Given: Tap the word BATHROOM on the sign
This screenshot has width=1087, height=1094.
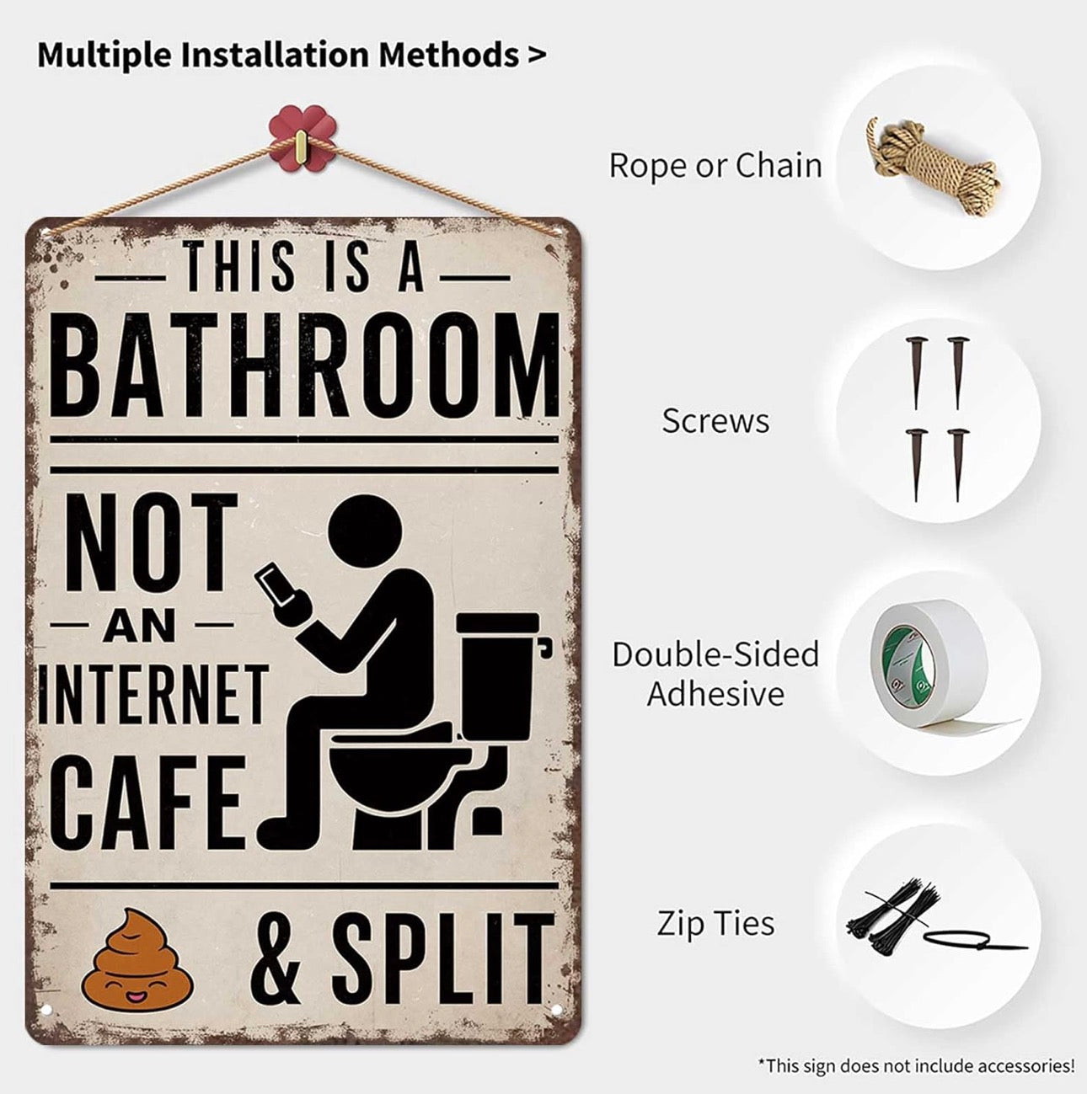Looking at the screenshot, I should [x=310, y=366].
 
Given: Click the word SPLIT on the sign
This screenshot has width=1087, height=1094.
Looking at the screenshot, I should [x=442, y=956].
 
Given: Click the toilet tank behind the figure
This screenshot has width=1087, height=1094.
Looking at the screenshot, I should [x=497, y=674].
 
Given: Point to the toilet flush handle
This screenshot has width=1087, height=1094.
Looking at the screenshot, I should [x=545, y=647].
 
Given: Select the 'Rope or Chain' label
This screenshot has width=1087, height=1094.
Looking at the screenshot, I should [x=715, y=166].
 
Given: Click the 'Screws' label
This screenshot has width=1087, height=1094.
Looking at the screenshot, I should [x=715, y=421].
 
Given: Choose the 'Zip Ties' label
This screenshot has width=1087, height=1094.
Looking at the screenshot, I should [x=715, y=924].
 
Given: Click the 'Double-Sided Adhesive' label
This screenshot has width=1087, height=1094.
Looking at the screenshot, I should [x=715, y=674].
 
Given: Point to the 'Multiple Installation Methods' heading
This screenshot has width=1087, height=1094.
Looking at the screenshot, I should [x=291, y=55].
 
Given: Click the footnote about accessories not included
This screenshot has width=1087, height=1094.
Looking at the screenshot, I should [x=916, y=1065].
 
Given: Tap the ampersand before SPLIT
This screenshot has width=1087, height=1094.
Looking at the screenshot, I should [x=276, y=958].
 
